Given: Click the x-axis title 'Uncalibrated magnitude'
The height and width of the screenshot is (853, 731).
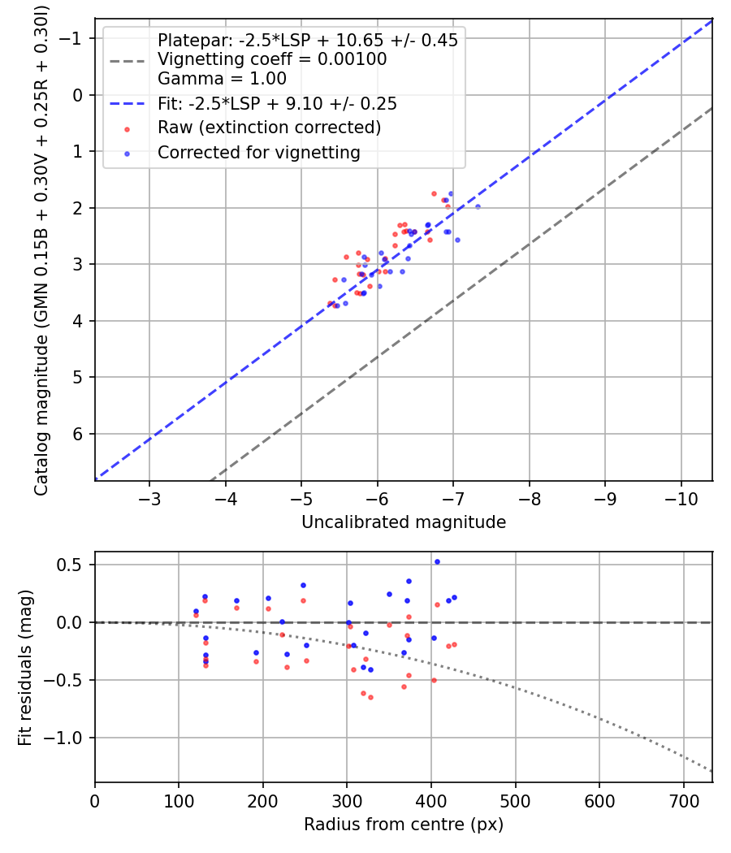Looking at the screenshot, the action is pos(404,522).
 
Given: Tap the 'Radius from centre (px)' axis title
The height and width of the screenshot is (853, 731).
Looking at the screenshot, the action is pos(404,825).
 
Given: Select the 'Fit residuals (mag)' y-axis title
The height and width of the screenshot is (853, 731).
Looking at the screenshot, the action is pos(25,668).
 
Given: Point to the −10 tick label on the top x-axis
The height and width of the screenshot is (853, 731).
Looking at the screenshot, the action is pos(681,499).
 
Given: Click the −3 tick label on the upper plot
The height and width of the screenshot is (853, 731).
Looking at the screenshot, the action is pos(149,499).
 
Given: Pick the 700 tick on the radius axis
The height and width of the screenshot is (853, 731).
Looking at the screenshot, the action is pos(683,801).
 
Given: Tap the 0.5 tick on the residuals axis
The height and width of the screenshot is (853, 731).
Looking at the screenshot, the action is pos(68,565).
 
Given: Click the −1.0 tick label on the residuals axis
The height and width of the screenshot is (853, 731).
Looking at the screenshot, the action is pos(62,738).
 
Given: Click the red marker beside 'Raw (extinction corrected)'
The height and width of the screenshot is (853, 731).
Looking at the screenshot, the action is pos(128,129).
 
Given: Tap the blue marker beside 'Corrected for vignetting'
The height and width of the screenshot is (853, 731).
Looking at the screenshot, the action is pos(128,154).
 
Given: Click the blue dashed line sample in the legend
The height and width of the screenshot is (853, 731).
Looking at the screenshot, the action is pos(128,104).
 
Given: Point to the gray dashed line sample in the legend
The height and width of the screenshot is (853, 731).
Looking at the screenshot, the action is pos(128,61).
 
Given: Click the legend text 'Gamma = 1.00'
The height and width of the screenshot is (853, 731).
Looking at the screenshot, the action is pos(222,79).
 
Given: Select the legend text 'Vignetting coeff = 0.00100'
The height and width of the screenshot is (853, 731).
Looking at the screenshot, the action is pos(272,59).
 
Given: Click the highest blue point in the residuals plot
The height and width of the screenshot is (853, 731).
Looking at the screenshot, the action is pos(437,562).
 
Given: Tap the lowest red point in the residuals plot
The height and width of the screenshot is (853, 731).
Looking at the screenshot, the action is pos(370,697).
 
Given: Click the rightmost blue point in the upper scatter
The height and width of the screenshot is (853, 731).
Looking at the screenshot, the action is pos(478,206).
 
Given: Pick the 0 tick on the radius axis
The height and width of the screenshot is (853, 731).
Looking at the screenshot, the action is pos(95,801).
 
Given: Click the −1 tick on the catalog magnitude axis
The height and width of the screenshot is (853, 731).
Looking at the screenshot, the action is pos(70,39).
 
